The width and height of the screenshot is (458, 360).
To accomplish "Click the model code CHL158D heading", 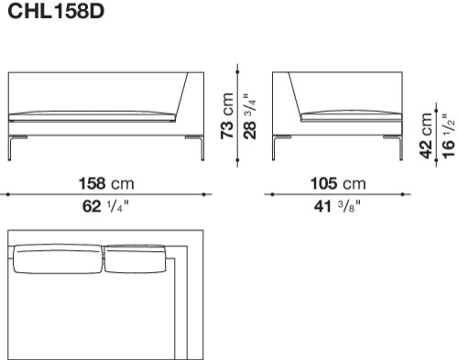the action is click(56, 11).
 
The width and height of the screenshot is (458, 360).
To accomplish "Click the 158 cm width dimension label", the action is click(106, 183).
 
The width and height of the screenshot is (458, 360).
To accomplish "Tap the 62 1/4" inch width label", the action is click(105, 206).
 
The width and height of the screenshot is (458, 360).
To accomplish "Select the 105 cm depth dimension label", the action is click(338, 183).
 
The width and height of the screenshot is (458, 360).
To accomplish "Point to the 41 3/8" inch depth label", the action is click(337, 206).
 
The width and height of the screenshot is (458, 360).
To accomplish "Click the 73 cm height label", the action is click(227, 116).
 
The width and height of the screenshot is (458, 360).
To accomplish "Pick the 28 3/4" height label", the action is click(250, 116).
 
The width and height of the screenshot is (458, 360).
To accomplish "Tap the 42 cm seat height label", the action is click(426, 136).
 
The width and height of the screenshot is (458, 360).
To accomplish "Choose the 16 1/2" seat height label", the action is click(448, 136).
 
